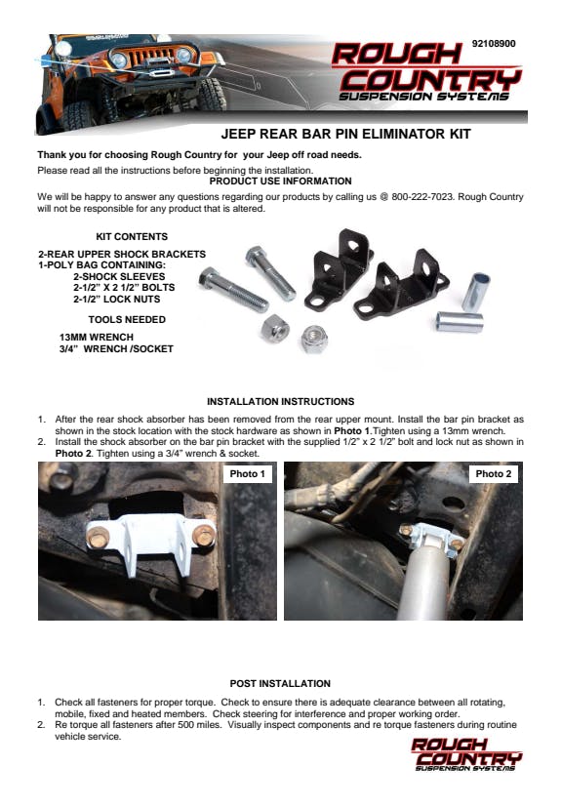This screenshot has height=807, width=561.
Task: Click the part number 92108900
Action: pos(494,44)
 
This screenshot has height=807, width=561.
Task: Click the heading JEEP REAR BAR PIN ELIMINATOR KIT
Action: pos(345,135)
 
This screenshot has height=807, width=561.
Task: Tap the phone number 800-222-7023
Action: pos(422,196)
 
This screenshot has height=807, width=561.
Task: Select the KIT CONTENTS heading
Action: pos(132,237)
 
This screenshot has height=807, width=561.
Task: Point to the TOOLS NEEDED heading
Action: pos(127,320)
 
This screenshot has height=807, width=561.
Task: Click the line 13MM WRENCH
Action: pos(97,337)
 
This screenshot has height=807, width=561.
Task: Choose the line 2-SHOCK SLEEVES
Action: pos(119,276)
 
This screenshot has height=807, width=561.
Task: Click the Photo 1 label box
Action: pos(247,474)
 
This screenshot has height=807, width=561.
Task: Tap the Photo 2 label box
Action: pos(493,474)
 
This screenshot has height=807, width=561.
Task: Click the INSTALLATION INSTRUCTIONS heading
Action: pos(281,401)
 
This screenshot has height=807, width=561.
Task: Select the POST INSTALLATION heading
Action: pos(280,683)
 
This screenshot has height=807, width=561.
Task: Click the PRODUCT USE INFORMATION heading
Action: pos(281,182)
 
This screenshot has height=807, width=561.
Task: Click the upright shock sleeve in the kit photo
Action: pos(476,292)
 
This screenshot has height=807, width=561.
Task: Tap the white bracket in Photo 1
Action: pos(149,543)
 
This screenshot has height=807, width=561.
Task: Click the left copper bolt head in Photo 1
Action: pos(98,537)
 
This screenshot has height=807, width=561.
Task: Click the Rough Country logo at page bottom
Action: pos(466,754)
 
